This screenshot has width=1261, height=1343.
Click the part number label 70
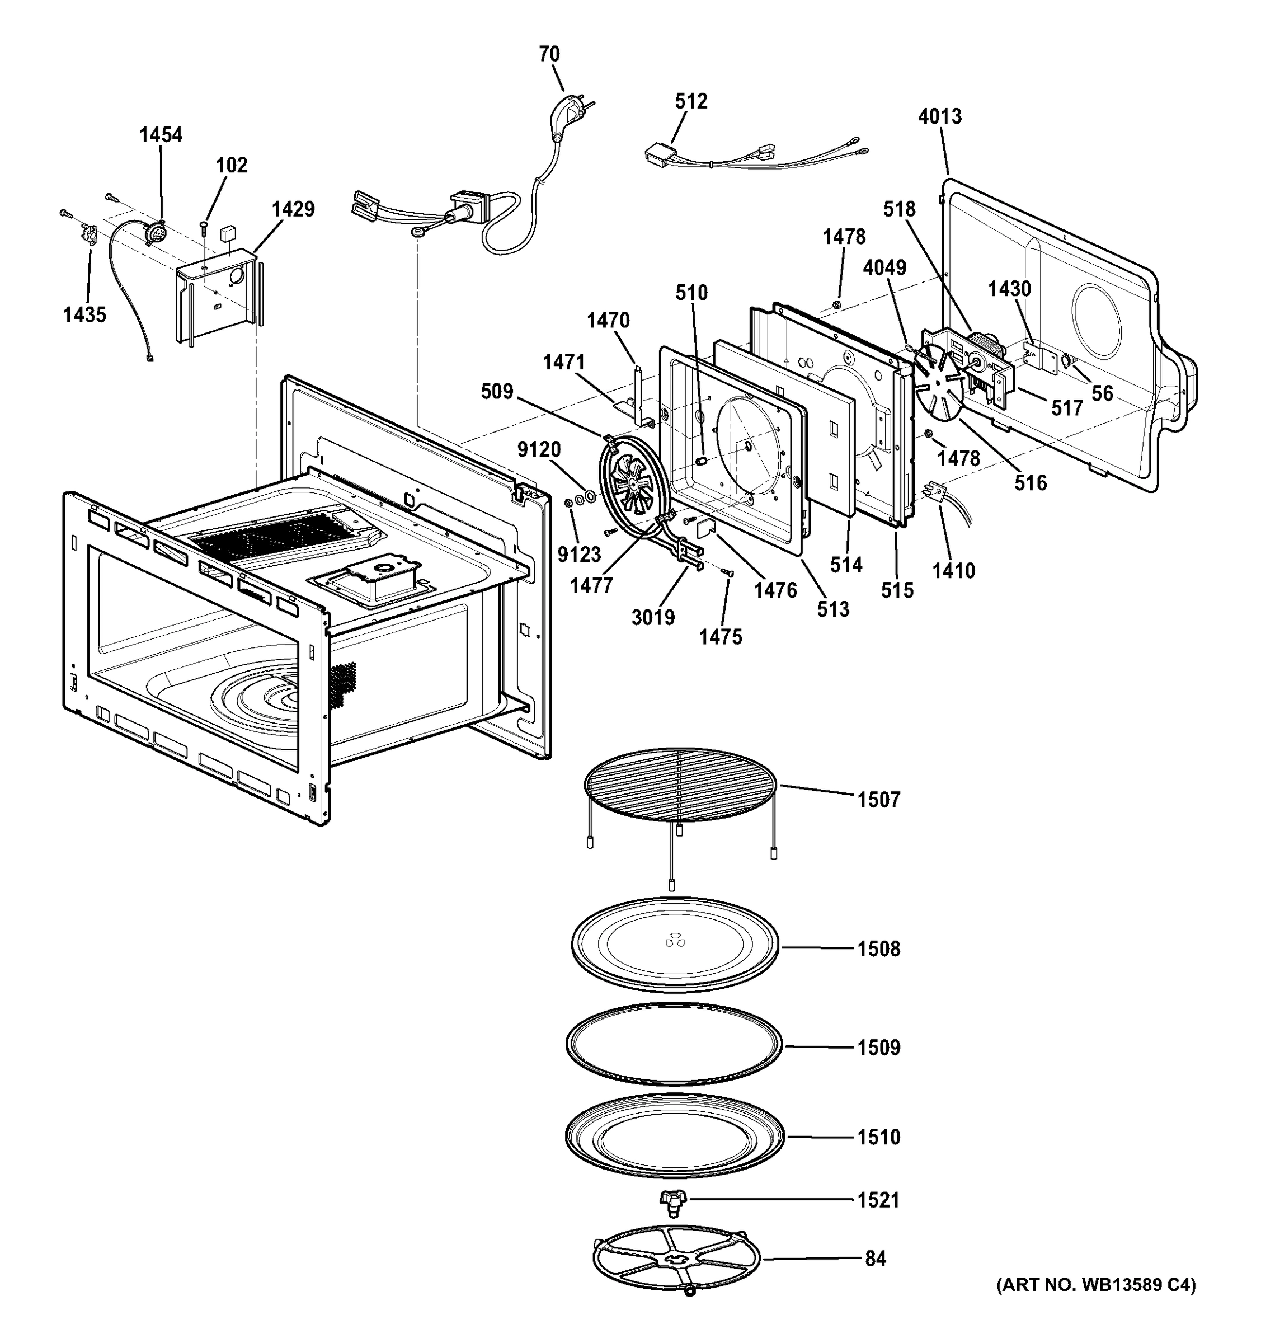click(549, 54)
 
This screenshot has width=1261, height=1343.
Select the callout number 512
click(691, 101)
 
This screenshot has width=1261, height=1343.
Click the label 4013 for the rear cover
click(939, 116)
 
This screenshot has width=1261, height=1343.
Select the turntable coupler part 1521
click(672, 1200)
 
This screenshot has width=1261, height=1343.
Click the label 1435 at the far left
click(84, 315)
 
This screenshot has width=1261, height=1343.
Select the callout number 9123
click(579, 555)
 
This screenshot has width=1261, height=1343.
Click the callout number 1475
click(720, 637)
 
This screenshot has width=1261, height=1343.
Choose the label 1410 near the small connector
click(954, 571)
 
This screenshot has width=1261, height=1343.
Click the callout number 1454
click(161, 135)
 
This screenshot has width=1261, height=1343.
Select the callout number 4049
click(884, 268)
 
